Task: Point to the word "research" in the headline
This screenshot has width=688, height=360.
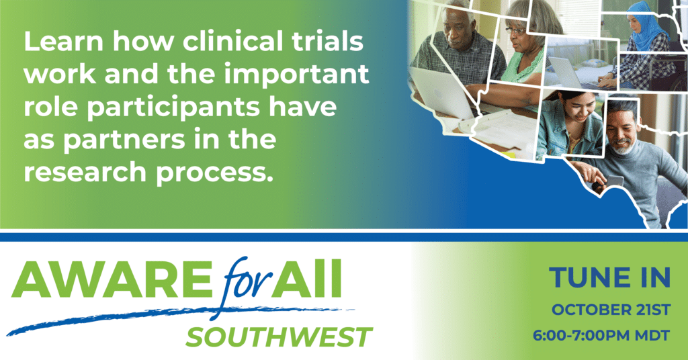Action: pyautogui.click(x=85, y=173)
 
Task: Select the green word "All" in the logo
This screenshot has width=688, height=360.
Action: pyautogui.click(x=306, y=279)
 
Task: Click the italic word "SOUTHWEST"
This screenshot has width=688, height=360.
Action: pyautogui.click(x=279, y=337)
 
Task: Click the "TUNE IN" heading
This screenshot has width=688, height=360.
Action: pyautogui.click(x=609, y=277)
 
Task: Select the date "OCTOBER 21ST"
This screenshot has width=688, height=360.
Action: pyautogui.click(x=611, y=310)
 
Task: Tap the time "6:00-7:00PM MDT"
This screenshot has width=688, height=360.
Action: pyautogui.click(x=601, y=336)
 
